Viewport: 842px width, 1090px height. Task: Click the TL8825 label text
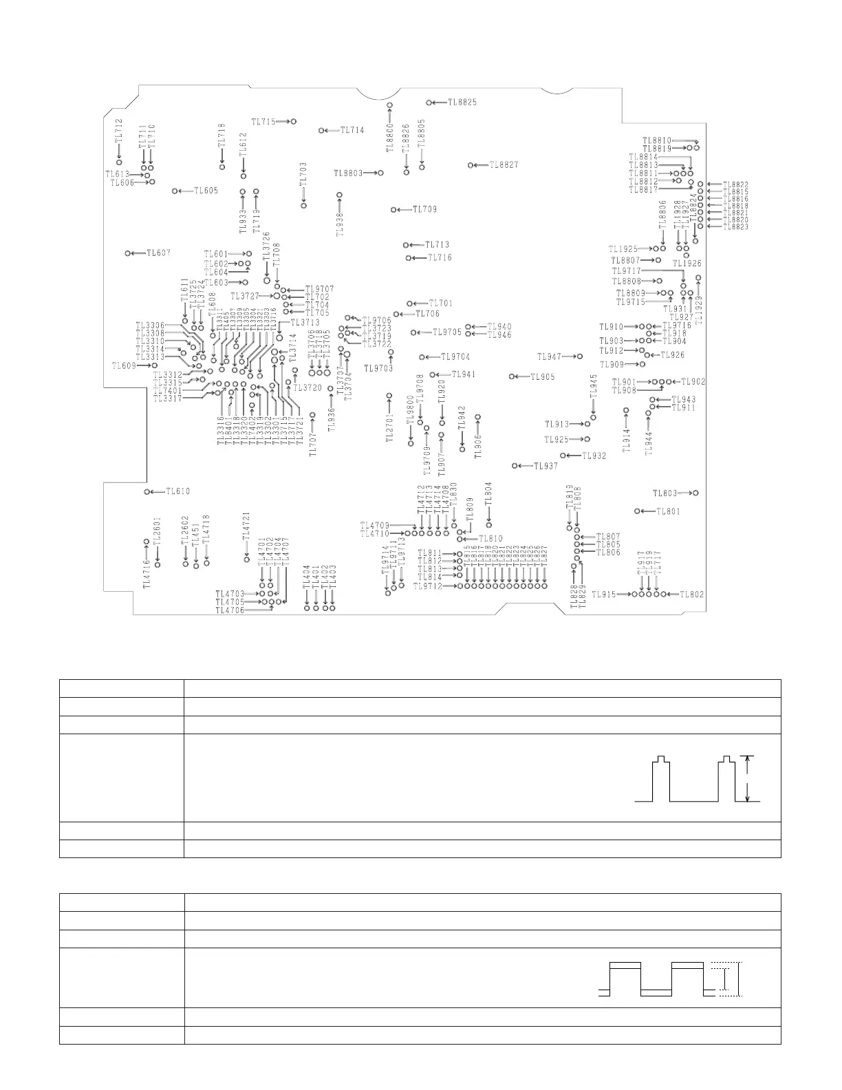462,103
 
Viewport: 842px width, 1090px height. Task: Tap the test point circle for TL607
129,253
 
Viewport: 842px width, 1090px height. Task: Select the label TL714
352,130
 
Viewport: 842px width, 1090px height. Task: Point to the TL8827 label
504,165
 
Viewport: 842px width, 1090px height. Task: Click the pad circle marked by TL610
147,491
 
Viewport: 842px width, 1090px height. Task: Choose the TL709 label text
424,209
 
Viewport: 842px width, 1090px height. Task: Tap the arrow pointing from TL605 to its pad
186,191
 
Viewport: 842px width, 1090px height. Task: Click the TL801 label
668,511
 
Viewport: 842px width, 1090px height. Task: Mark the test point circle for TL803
696,493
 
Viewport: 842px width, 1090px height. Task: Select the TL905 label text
543,376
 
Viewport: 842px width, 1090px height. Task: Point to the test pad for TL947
580,356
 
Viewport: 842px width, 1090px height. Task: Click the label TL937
546,466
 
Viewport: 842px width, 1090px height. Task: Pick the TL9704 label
455,356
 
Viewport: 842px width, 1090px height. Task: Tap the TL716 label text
440,258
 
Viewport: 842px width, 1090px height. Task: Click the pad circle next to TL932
563,456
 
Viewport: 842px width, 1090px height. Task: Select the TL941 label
464,374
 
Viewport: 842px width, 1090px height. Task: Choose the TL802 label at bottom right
692,595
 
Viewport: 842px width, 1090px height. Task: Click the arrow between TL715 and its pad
283,121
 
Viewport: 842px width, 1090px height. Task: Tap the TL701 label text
441,303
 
